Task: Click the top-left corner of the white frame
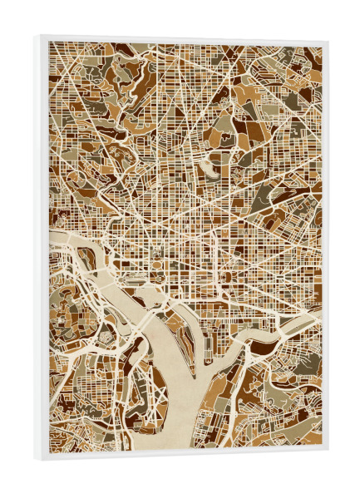click(37, 36)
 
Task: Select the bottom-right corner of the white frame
click(328, 452)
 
